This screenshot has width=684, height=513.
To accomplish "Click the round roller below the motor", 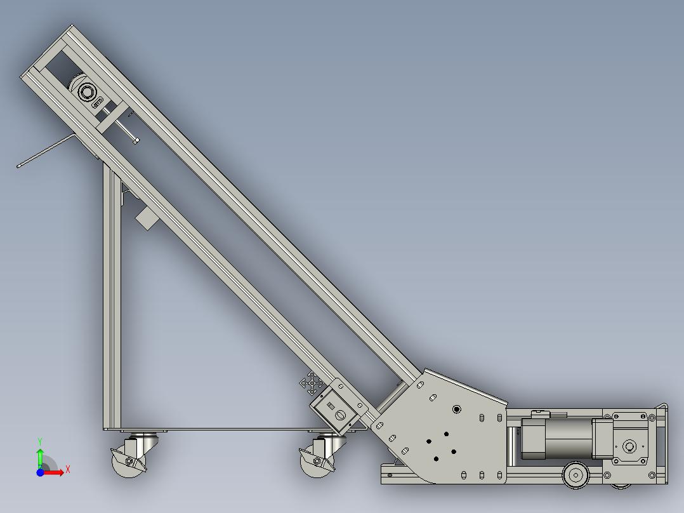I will [x=575, y=474].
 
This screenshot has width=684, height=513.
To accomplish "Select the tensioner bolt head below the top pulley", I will [x=136, y=140].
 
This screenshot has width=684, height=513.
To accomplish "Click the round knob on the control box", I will [x=340, y=415].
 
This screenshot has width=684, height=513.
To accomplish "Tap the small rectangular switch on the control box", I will [x=330, y=404].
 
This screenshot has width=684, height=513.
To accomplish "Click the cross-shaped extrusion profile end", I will [x=312, y=383].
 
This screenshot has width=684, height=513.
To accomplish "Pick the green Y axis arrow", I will [x=40, y=452].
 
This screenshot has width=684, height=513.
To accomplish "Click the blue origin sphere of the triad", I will [x=40, y=472].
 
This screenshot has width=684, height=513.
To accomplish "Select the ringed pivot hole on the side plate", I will [x=456, y=409].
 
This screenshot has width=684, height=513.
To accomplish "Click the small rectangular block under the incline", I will [x=147, y=218].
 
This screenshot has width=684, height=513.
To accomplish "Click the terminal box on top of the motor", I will [x=539, y=415].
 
